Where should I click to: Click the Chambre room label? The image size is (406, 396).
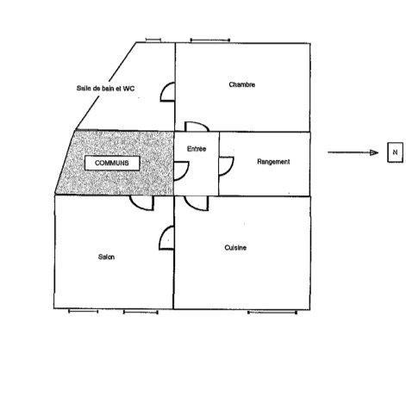click(x=242, y=84)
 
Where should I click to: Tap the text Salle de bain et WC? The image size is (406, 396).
click(x=105, y=89)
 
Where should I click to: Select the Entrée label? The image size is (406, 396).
click(x=197, y=149)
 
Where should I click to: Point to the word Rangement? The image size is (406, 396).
click(x=273, y=162)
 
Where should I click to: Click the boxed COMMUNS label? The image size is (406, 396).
click(x=112, y=163)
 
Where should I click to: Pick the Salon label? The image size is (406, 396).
click(x=106, y=257)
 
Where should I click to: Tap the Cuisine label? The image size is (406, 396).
click(x=235, y=248)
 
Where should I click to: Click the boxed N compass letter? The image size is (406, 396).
click(x=395, y=152)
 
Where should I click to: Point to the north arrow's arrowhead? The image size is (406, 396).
click(x=374, y=152)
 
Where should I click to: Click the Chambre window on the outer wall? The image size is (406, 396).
click(x=210, y=40)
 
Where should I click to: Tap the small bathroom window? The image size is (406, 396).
click(x=153, y=40)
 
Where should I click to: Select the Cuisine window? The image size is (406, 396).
click(x=272, y=312)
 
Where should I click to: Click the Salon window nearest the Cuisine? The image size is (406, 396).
click(x=141, y=312)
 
